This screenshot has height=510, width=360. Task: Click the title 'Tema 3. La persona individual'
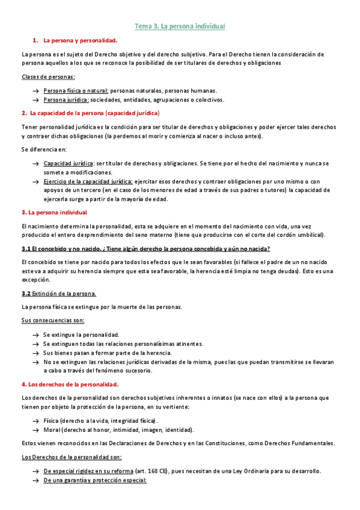(180, 26)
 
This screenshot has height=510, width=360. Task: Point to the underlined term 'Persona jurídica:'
(66, 100)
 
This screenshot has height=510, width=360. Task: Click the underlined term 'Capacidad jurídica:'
(69, 163)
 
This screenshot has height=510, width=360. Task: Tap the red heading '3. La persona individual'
(54, 212)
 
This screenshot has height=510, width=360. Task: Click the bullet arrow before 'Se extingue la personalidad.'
(37, 334)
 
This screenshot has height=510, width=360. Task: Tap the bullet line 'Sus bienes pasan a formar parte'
(108, 353)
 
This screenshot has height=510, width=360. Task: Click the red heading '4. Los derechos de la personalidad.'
(70, 384)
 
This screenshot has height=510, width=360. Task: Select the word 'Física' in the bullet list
(52, 421)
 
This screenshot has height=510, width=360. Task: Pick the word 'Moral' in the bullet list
(52, 430)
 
